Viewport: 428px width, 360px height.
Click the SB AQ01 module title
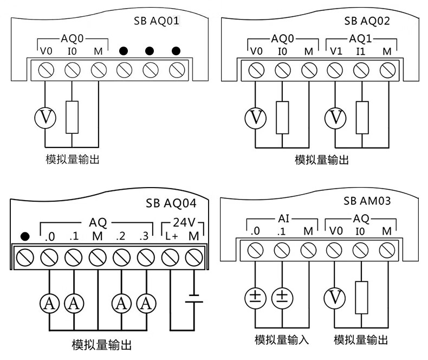(156, 22)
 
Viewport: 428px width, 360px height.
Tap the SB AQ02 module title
(367, 22)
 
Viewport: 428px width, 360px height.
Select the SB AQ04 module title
(171, 204)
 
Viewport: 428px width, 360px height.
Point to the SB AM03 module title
(367, 201)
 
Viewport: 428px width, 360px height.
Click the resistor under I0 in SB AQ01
(72, 117)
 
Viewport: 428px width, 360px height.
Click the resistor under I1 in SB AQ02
(362, 117)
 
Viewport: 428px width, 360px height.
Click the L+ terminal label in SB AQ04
(171, 237)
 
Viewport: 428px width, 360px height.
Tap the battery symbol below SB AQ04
(193, 299)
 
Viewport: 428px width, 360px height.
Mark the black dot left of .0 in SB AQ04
(24, 237)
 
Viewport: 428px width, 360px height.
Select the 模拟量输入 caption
(282, 340)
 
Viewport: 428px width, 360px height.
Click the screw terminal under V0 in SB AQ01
(46, 69)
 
